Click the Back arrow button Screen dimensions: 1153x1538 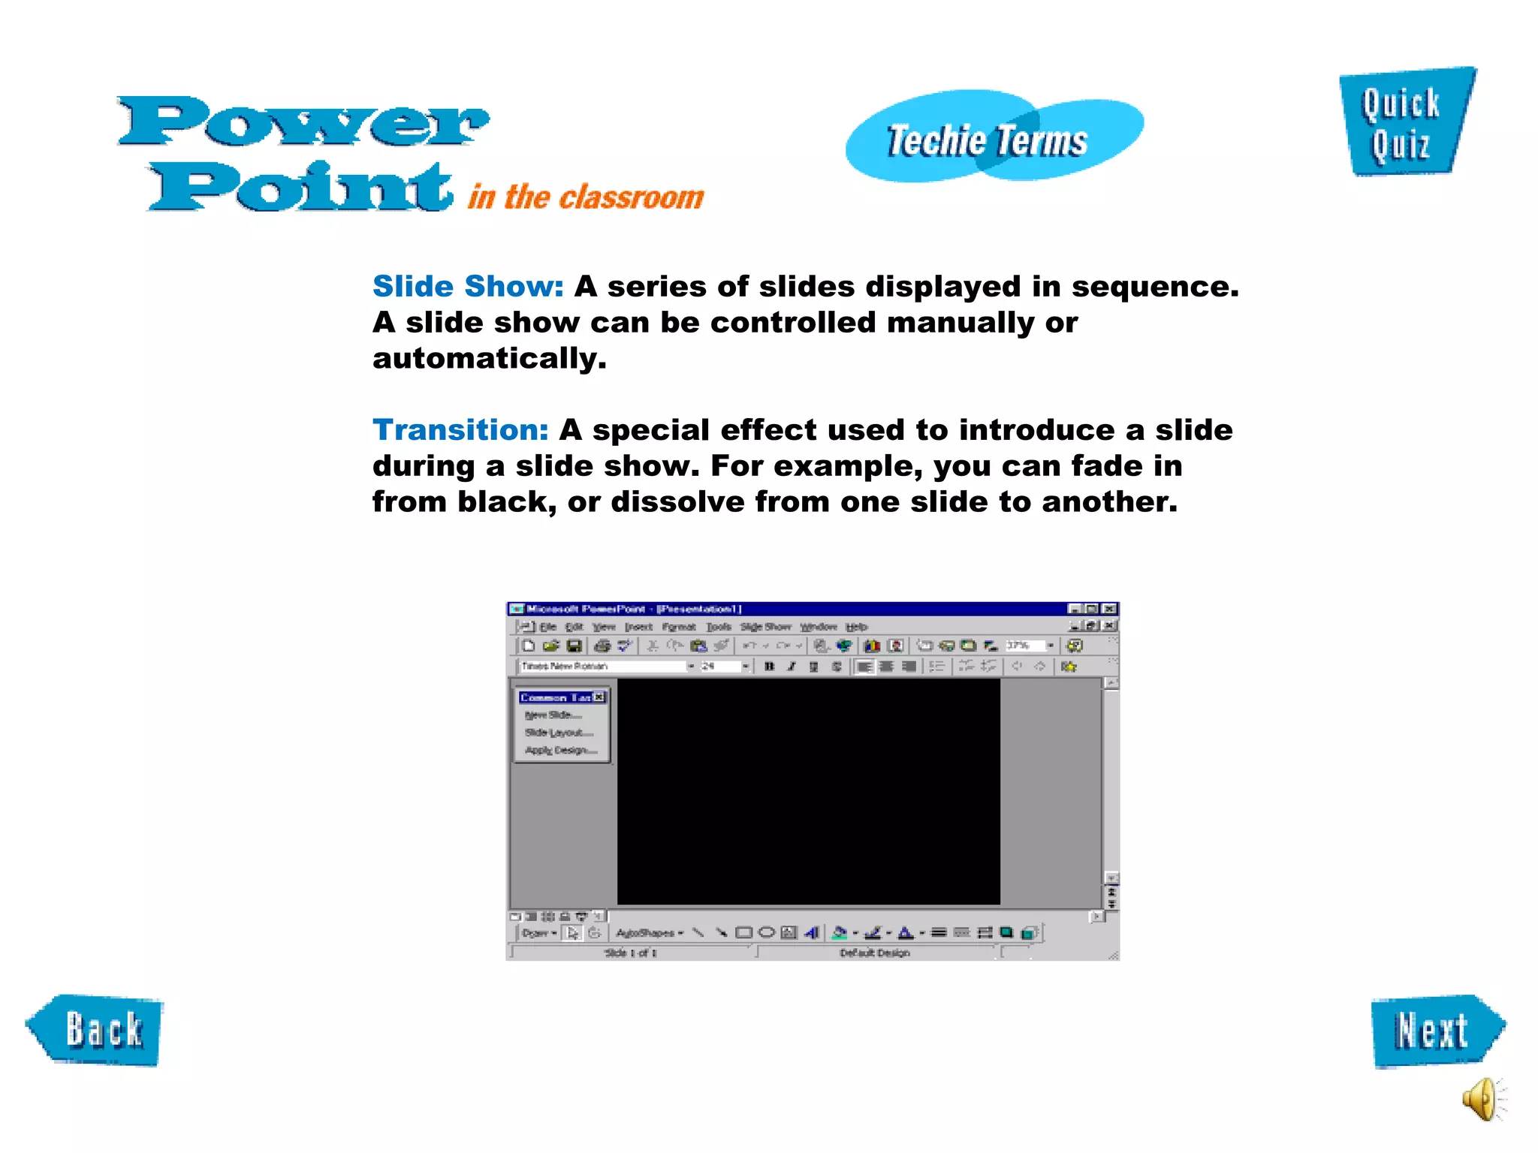click(x=96, y=1030)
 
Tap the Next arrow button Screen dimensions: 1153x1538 click(x=1434, y=1031)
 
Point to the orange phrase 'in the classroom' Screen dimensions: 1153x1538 click(x=586, y=197)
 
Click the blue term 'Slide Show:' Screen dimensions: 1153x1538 click(x=468, y=287)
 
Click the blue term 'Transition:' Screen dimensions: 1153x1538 click(x=460, y=430)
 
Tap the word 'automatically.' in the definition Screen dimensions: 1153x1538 click(x=489, y=359)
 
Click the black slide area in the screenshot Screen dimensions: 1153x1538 click(x=808, y=791)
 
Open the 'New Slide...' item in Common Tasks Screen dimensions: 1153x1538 click(x=553, y=715)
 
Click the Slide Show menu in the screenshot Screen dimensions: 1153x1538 click(x=765, y=627)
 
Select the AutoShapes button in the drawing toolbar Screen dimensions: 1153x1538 click(x=648, y=933)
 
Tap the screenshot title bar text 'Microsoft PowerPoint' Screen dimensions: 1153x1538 click(x=586, y=609)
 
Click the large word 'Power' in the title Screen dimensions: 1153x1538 click(x=304, y=122)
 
